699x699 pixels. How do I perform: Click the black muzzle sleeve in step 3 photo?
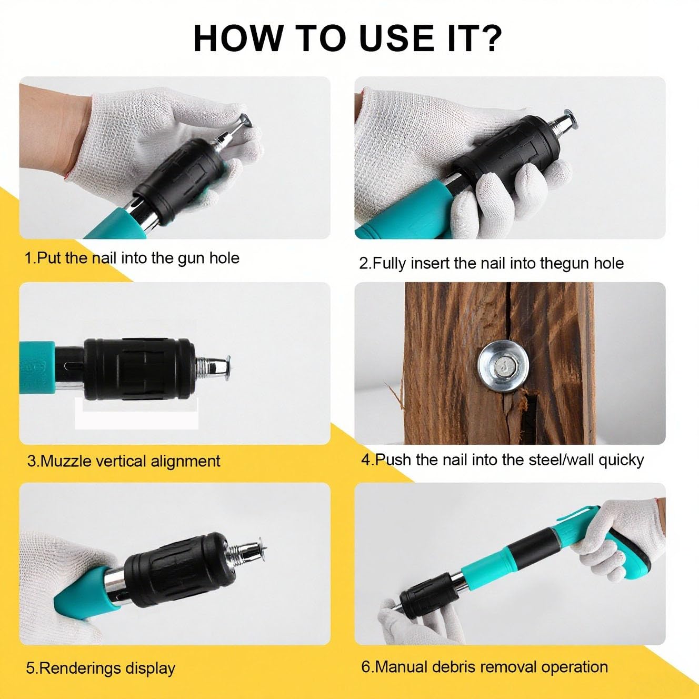click(x=139, y=369)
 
